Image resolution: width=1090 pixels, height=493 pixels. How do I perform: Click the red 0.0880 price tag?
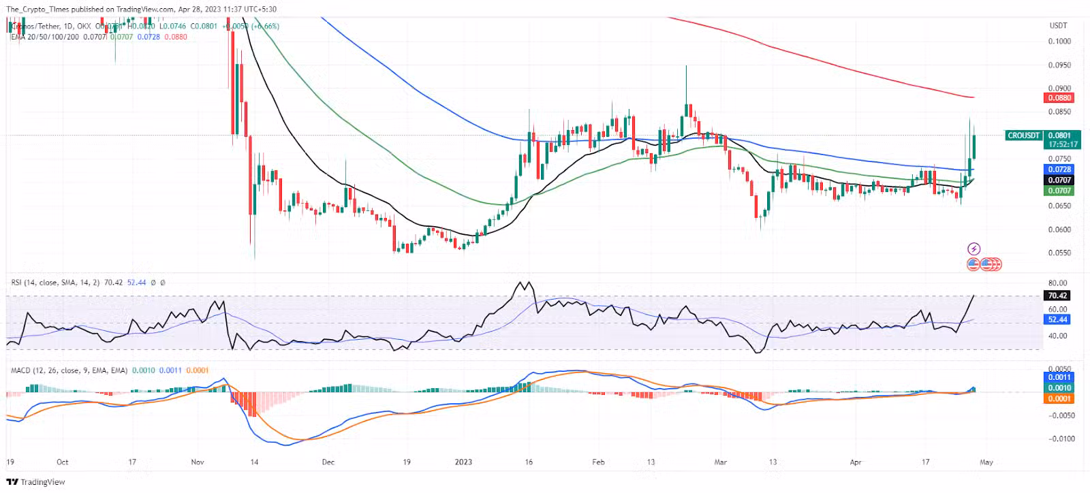[1059, 98]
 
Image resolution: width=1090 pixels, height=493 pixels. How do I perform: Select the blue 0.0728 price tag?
[1059, 169]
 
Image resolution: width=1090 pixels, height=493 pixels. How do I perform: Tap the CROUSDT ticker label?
[1023, 136]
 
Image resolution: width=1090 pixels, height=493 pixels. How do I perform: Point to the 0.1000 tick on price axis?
[1059, 41]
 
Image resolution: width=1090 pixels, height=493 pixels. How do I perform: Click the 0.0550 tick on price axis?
[1059, 253]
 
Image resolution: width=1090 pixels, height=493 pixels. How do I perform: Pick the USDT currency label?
[1058, 25]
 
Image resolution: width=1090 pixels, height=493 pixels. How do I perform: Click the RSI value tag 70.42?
[1057, 296]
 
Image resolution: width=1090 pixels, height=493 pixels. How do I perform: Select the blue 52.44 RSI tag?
[1057, 319]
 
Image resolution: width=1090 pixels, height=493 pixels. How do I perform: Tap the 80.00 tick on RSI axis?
[1057, 283]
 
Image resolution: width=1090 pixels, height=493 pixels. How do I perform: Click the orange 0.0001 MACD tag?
[1059, 399]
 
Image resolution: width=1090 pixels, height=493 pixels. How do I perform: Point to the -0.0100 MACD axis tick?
[1061, 439]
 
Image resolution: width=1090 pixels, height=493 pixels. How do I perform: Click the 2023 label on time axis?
[463, 462]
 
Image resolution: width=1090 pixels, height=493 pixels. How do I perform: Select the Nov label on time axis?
[198, 462]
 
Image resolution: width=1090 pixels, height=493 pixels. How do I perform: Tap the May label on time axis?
[986, 462]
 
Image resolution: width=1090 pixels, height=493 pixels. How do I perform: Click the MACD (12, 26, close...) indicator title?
[69, 370]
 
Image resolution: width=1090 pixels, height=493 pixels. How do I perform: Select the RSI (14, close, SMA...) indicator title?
[55, 283]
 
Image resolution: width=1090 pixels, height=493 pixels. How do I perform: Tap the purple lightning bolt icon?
[974, 249]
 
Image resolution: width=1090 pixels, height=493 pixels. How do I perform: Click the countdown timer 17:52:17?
[1063, 144]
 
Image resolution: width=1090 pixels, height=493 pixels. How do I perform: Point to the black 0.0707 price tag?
[1059, 180]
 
